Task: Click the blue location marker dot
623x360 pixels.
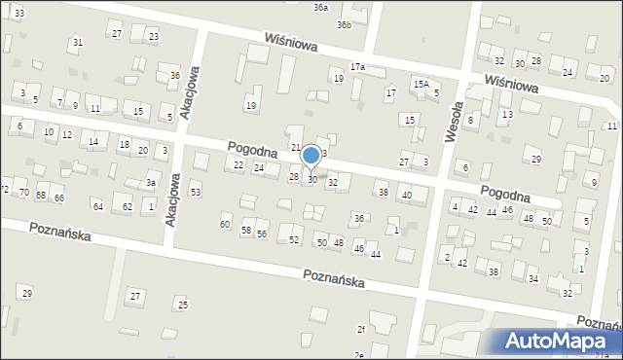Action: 311,155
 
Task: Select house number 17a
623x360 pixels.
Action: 357,67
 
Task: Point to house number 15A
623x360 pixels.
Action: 421,85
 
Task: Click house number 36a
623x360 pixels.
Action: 320,7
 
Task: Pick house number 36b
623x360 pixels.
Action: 344,25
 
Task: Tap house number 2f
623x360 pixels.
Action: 360,329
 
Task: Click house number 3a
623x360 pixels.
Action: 151,183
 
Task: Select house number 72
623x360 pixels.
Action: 4,189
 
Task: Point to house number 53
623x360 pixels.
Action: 196,193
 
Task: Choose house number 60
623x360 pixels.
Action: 225,225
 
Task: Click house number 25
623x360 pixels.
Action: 183,306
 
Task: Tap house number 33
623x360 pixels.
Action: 19,13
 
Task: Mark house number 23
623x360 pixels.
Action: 153,37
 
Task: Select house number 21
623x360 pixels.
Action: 296,147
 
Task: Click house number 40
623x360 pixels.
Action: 407,196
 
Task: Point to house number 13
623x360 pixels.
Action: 507,115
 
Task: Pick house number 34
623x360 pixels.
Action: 532,279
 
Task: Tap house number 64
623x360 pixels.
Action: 97,206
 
